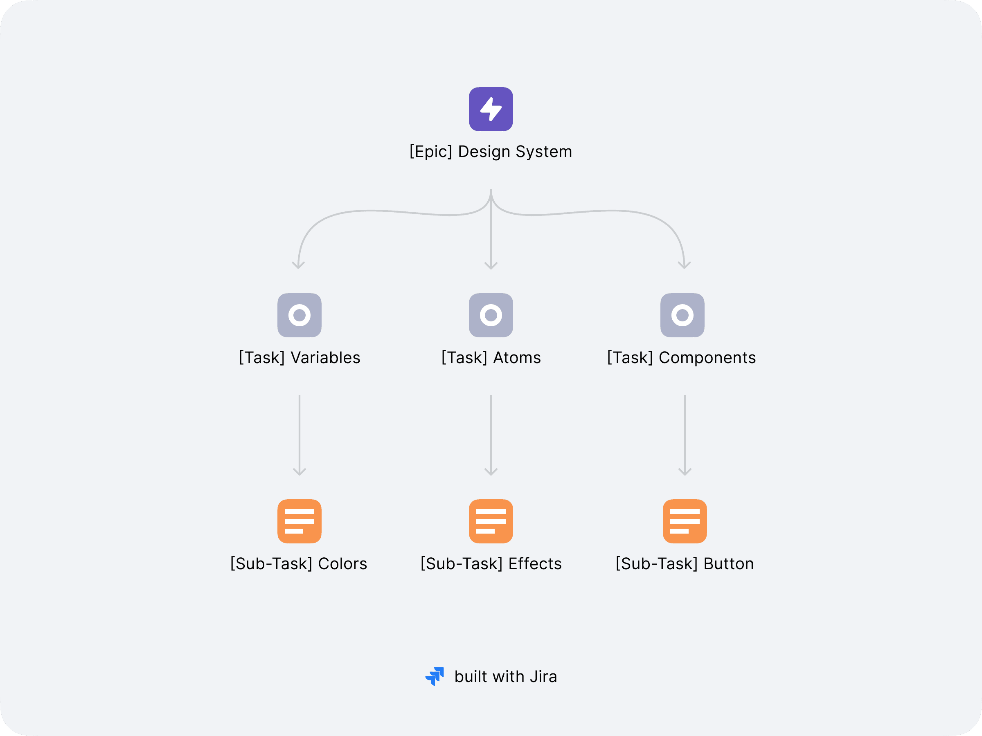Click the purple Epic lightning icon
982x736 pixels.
tap(491, 109)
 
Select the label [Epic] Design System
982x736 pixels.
tap(491, 152)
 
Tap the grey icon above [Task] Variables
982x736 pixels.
tap(299, 315)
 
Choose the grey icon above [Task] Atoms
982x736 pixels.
tap(491, 315)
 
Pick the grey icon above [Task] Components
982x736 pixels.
tap(682, 315)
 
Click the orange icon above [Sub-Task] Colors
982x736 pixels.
tap(299, 521)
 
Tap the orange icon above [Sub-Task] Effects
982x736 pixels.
tap(491, 521)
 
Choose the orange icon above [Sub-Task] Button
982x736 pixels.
tap(685, 521)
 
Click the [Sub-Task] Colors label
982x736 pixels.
tap(299, 564)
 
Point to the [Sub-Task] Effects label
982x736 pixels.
tap(491, 564)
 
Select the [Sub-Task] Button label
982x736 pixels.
tap(685, 564)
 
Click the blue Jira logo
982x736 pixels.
tap(435, 677)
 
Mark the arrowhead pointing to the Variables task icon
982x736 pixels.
tap(298, 266)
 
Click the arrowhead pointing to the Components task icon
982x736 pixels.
tap(685, 266)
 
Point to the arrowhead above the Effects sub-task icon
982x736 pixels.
tap(491, 472)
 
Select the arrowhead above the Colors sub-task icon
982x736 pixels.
tap(299, 472)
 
